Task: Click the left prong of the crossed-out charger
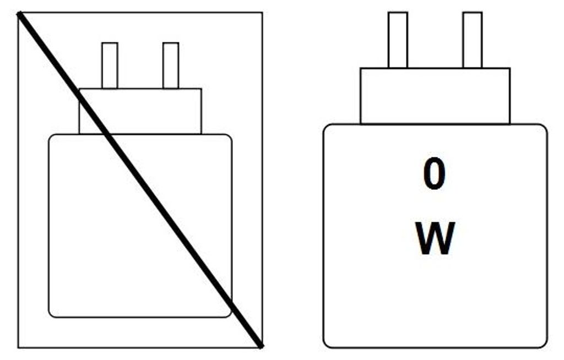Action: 110,66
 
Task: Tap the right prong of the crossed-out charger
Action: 171,66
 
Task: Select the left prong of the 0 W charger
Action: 398,40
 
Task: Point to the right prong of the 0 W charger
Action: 473,40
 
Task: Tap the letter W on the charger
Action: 435,238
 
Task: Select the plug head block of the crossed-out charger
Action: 140,111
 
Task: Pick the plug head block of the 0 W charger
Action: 435,96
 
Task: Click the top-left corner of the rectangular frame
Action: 18,13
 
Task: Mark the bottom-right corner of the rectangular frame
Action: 262,347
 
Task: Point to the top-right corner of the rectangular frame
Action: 262,13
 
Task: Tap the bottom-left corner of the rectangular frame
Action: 18,347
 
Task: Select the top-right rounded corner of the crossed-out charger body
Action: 230,137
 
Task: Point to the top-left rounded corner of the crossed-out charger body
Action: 51,137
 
